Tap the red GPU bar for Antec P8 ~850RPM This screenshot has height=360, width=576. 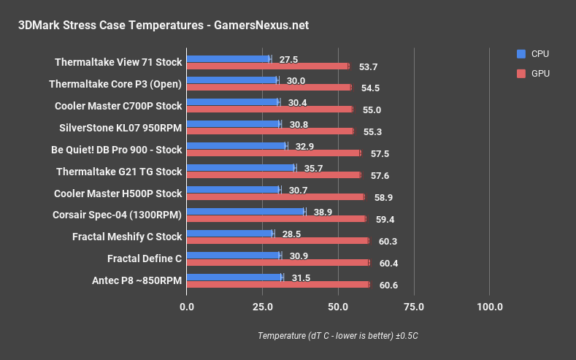pyautogui.click(x=278, y=285)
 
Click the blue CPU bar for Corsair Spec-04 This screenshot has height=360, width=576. pyautogui.click(x=246, y=211)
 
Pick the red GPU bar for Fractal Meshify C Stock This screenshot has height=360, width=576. pyautogui.click(x=277, y=241)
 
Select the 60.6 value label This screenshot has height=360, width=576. pyautogui.click(x=388, y=285)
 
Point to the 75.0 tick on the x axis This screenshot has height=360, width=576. pyautogui.click(x=414, y=307)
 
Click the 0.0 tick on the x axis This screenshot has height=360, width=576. pyautogui.click(x=188, y=307)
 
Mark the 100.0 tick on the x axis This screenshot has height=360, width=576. pyautogui.click(x=489, y=307)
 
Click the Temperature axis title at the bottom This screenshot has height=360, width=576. pyautogui.click(x=337, y=336)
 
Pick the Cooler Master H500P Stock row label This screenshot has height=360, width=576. pyautogui.click(x=118, y=194)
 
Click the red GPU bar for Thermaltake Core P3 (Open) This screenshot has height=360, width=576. pyautogui.click(x=269, y=88)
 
